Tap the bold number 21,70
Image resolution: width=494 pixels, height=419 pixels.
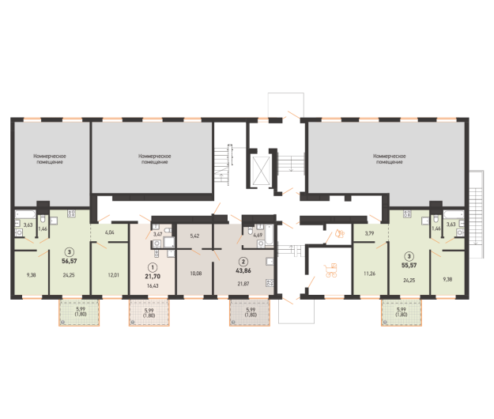coord(153,277)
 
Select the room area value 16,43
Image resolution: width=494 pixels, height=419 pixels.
coord(153,285)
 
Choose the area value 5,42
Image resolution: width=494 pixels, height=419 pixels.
coord(196,235)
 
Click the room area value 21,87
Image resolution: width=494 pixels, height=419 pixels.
coord(244,283)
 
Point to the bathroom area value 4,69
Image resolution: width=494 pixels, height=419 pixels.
coord(258,235)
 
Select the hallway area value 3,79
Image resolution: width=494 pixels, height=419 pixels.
coord(368,233)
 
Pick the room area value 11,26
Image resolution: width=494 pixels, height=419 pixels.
coord(368,274)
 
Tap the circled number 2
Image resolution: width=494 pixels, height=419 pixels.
coord(244,262)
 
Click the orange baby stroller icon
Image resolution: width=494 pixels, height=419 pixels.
coord(333,271)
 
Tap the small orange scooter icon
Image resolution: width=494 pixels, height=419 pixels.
coord(340,233)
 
